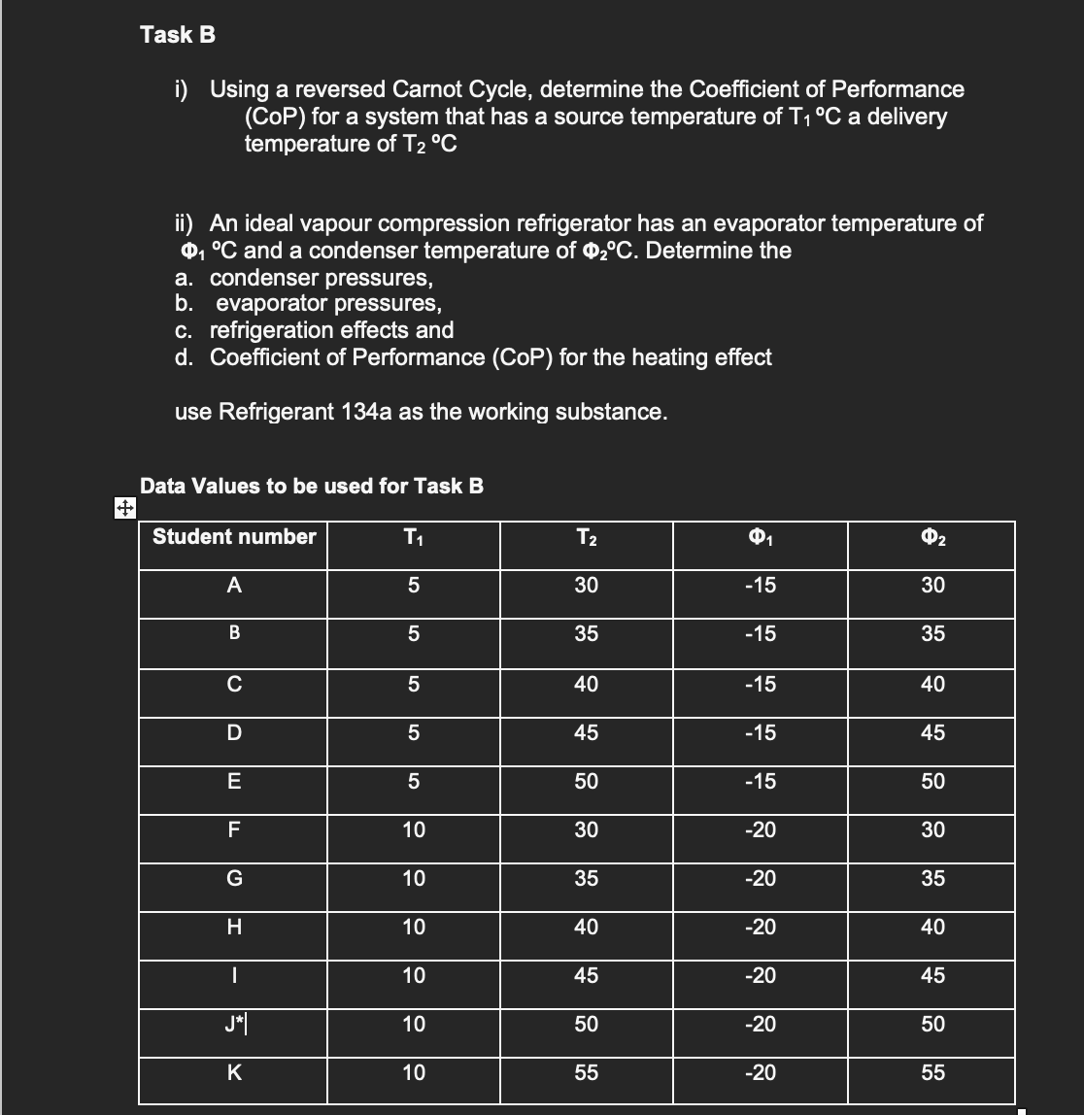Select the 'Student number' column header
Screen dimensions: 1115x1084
pos(234,536)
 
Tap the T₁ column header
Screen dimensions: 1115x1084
pos(414,537)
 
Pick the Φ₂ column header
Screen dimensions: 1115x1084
pos(932,537)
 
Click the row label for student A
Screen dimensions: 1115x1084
pos(233,586)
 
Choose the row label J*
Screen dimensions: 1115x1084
pos(233,1024)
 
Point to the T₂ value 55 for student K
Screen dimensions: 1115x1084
pos(586,1073)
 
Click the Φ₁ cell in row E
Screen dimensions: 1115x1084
pos(759,781)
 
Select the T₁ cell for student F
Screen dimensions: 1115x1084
pos(414,829)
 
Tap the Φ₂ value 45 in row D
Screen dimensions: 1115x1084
pos(932,732)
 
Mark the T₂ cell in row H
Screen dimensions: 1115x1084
pos(586,927)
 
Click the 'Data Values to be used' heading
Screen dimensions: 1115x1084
pos(312,486)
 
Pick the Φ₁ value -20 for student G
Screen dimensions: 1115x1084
pos(759,878)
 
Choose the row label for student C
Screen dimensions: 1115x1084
pos(233,684)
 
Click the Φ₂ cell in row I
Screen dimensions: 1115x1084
pos(932,975)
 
